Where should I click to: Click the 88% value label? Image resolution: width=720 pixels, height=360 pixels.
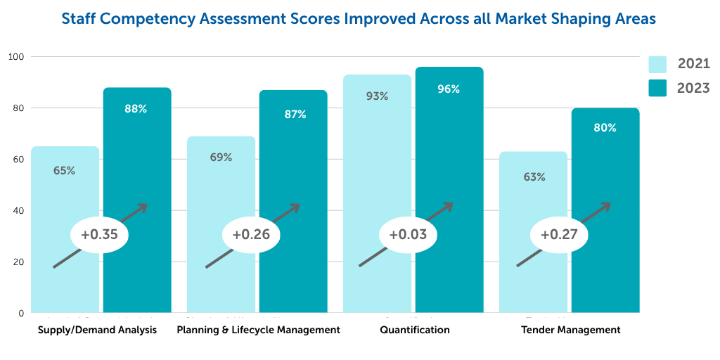[137, 108]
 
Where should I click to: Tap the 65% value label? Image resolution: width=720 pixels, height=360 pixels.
[64, 170]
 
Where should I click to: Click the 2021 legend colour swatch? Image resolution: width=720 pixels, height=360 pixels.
[657, 65]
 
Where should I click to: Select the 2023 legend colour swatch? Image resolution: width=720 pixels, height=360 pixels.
[657, 89]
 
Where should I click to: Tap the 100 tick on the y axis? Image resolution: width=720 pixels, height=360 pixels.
[15, 56]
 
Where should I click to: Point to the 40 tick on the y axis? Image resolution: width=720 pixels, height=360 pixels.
[18, 211]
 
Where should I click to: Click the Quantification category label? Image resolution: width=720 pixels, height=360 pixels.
[414, 330]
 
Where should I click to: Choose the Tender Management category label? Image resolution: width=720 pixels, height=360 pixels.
[571, 330]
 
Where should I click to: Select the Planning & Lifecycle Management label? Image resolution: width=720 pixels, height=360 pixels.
[259, 330]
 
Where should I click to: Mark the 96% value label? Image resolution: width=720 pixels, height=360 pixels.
[449, 89]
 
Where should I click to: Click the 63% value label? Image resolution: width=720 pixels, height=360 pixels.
[534, 177]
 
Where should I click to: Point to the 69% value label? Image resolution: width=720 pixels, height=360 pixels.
[221, 157]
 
